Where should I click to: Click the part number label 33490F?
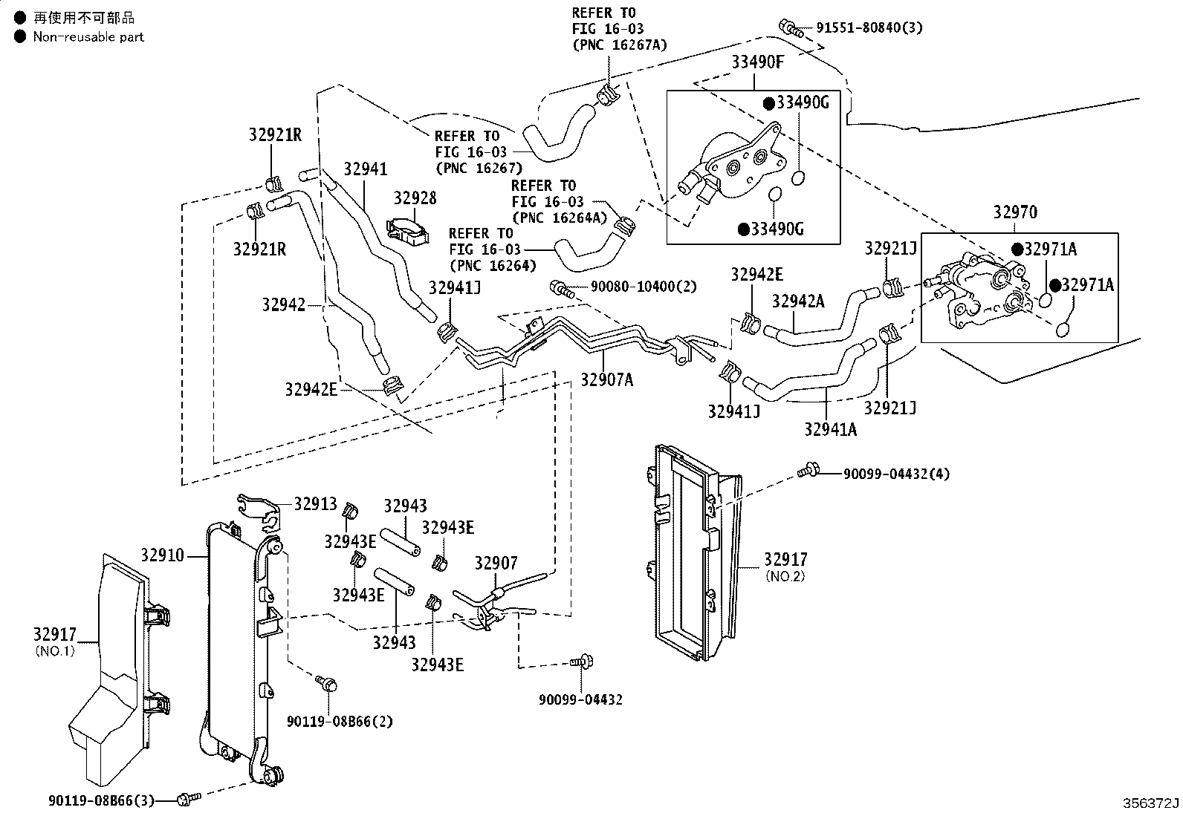(757, 62)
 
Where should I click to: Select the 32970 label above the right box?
(1015, 212)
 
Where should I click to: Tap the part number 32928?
(415, 198)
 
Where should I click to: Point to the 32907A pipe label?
(607, 379)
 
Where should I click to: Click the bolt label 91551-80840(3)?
(869, 27)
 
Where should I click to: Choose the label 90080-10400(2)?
(644, 287)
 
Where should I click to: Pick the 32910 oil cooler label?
(162, 555)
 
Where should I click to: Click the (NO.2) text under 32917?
(785, 576)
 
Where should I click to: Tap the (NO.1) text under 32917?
(55, 650)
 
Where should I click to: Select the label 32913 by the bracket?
(315, 504)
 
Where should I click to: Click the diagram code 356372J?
(1151, 803)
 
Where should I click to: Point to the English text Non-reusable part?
(88, 37)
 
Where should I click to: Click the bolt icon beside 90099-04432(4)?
(808, 470)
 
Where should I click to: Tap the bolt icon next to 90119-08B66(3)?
(189, 799)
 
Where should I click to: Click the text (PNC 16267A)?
(620, 45)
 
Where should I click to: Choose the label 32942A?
(798, 301)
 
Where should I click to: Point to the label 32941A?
(831, 430)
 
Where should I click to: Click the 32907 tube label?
(496, 563)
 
